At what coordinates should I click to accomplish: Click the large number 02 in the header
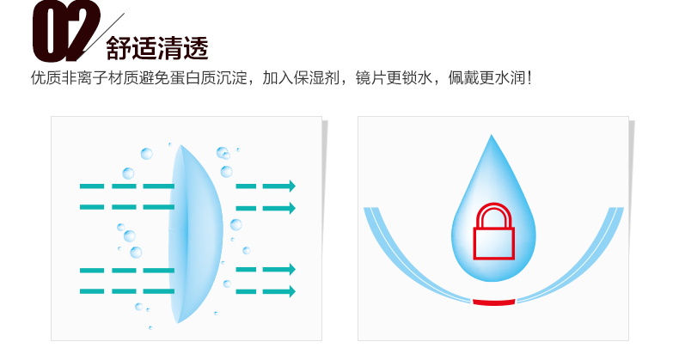click(66, 31)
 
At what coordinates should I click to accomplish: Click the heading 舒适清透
click(157, 47)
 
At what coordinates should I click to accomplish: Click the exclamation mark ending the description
click(529, 78)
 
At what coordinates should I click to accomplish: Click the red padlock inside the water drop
click(493, 231)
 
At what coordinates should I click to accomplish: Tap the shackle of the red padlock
click(493, 215)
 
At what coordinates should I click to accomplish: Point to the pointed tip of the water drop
click(491, 135)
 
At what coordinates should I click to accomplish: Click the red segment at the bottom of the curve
click(493, 302)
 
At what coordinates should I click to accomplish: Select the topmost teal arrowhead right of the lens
click(292, 186)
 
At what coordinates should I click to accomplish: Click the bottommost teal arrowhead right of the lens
click(292, 291)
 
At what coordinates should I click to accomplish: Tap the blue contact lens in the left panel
click(195, 234)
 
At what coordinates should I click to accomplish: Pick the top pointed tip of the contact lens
click(181, 145)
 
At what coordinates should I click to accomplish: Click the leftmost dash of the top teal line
click(92, 186)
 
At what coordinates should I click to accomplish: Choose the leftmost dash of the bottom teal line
click(92, 291)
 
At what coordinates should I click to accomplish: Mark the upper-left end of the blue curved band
click(371, 209)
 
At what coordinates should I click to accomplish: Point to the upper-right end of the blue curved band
click(616, 209)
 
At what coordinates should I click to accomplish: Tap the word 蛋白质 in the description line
click(193, 78)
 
